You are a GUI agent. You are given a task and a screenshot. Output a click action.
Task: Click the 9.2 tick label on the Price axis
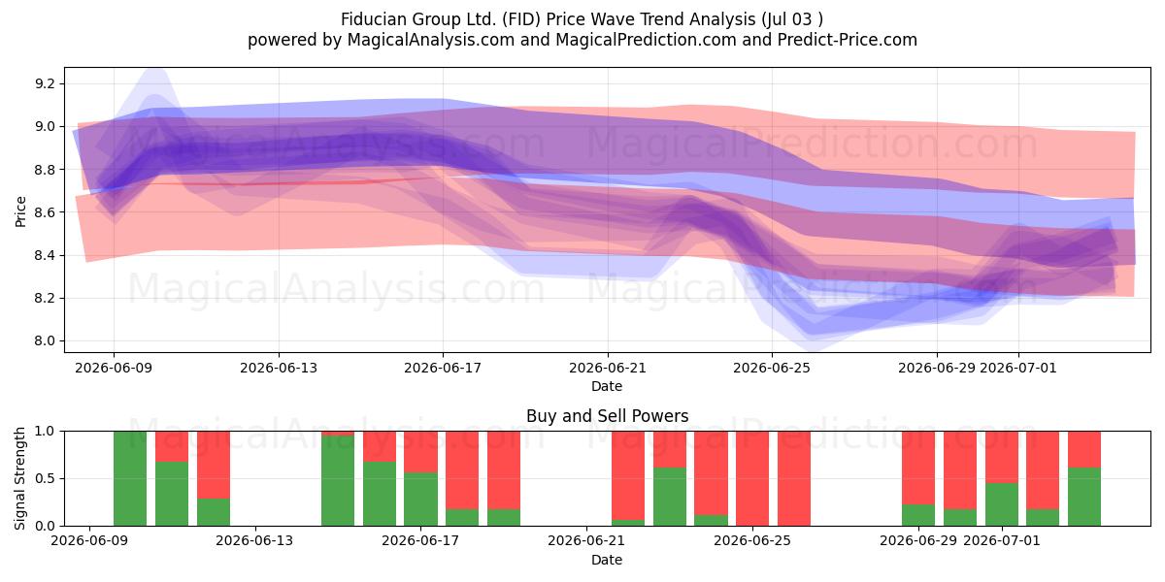(x=45, y=83)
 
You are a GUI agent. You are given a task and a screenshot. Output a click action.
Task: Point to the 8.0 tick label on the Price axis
(x=45, y=340)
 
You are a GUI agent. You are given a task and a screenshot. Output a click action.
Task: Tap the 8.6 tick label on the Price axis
(x=45, y=212)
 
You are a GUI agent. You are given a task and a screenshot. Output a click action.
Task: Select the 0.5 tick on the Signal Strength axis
(x=45, y=478)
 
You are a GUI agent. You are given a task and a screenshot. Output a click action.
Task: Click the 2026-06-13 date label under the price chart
(x=279, y=368)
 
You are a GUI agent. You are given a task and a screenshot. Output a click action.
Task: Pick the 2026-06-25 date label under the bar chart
(x=752, y=540)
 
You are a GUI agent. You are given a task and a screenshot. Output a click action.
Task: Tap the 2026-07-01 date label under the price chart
(x=1018, y=368)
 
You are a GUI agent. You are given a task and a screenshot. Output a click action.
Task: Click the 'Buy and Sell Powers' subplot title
(x=607, y=416)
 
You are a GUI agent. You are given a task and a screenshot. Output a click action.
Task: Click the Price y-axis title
(x=20, y=211)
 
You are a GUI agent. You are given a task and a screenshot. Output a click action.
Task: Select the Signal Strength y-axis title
(x=19, y=478)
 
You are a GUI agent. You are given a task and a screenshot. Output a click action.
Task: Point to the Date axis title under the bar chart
(x=607, y=560)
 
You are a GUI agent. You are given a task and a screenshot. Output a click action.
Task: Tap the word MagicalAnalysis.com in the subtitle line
(x=431, y=40)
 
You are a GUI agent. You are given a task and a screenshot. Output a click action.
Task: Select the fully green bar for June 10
(x=130, y=478)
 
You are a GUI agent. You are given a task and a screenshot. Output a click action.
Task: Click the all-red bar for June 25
(x=794, y=478)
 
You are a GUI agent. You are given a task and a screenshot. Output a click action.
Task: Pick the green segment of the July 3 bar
(x=1084, y=497)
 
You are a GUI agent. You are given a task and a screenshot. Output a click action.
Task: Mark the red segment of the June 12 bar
(x=214, y=465)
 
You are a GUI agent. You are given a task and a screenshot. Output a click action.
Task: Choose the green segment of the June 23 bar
(x=669, y=497)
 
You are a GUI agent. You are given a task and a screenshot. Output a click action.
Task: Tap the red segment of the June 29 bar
(x=918, y=468)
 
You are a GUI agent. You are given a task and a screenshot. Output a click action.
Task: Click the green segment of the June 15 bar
(x=338, y=481)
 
